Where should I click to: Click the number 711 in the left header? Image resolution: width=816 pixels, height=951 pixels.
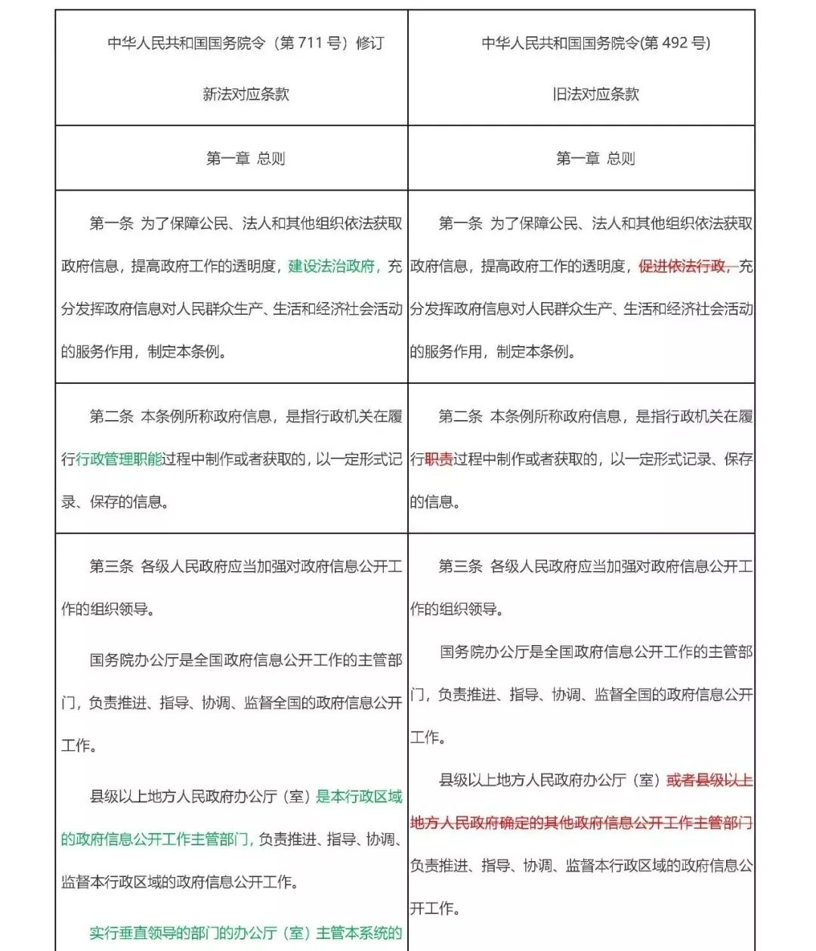[x=310, y=43]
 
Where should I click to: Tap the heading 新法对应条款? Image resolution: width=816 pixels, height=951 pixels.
[x=246, y=94]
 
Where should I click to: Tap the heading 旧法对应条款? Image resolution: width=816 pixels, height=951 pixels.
[x=595, y=94]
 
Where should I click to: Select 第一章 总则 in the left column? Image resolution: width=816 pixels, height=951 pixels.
[x=246, y=159]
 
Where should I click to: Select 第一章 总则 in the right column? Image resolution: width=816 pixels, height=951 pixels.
[x=595, y=159]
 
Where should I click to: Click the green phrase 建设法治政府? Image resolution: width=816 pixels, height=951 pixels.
[x=332, y=266]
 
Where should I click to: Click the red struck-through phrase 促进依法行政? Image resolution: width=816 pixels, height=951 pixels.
[x=683, y=266]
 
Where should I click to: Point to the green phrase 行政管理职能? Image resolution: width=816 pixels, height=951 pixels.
[x=119, y=459]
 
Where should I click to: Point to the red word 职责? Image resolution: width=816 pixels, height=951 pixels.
[x=439, y=459]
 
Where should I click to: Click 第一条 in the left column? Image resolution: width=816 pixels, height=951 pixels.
[x=111, y=224]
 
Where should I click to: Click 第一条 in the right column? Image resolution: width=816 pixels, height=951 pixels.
[x=460, y=224]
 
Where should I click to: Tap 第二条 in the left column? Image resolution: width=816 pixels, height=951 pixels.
[x=111, y=416]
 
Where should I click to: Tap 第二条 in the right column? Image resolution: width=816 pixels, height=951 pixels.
[x=460, y=416]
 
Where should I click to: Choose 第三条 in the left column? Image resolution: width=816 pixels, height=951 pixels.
[x=111, y=567]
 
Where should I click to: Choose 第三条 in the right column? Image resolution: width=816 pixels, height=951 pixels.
[x=460, y=567]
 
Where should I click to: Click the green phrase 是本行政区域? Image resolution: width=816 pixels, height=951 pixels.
[x=359, y=796]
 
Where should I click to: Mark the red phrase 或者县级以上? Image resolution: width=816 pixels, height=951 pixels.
[x=709, y=780]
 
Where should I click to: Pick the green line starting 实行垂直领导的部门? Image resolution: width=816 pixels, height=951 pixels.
[x=246, y=933]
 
